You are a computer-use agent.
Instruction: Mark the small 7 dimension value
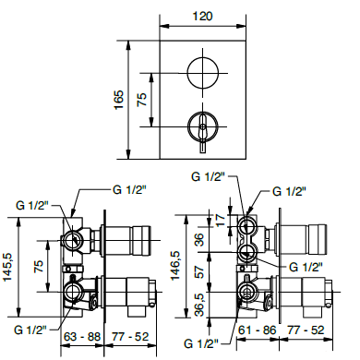click(x=218, y=218)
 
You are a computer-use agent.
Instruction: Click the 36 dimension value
click(x=199, y=238)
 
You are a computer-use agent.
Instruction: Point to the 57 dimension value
click(x=199, y=272)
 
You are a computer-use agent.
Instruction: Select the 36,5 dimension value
click(x=199, y=303)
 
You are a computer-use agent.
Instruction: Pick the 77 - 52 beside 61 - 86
click(x=304, y=329)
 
